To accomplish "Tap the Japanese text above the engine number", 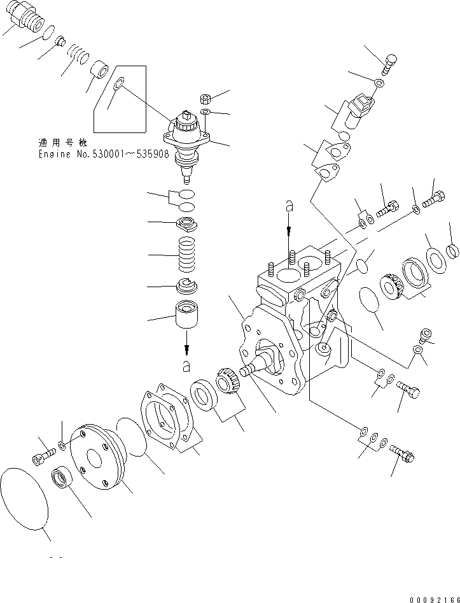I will (x=62, y=143).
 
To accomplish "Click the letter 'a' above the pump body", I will (x=289, y=206).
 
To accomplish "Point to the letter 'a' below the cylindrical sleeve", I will (x=186, y=365).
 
